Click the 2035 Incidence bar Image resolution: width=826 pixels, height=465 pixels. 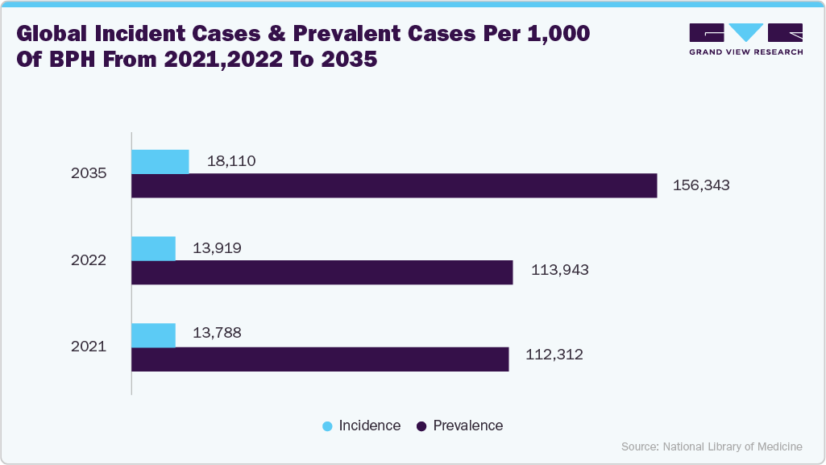click(x=160, y=161)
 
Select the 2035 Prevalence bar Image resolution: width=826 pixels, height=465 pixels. click(x=394, y=186)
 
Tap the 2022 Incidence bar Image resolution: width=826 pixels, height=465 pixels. click(x=153, y=248)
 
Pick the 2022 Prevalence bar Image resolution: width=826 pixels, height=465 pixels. click(x=322, y=272)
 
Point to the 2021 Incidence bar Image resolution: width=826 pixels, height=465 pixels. click(x=153, y=335)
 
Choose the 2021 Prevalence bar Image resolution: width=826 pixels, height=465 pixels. click(x=320, y=359)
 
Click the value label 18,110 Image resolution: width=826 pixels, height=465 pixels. click(x=231, y=161)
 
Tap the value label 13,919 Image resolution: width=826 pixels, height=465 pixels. click(x=217, y=248)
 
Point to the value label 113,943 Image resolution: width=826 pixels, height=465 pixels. click(x=559, y=270)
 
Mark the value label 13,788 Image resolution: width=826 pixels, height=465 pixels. click(x=217, y=332)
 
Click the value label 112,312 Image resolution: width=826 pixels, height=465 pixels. click(x=554, y=355)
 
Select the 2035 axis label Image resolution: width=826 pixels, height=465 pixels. click(x=89, y=173)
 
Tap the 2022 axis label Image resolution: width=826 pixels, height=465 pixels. click(x=89, y=260)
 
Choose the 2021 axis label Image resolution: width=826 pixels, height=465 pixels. click(x=89, y=347)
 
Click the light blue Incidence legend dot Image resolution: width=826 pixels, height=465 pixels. click(x=326, y=426)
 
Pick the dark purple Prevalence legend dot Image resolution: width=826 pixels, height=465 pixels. click(x=421, y=426)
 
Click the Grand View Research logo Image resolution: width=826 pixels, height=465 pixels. click(x=745, y=39)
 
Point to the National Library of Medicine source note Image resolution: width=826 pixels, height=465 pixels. click(x=712, y=446)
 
